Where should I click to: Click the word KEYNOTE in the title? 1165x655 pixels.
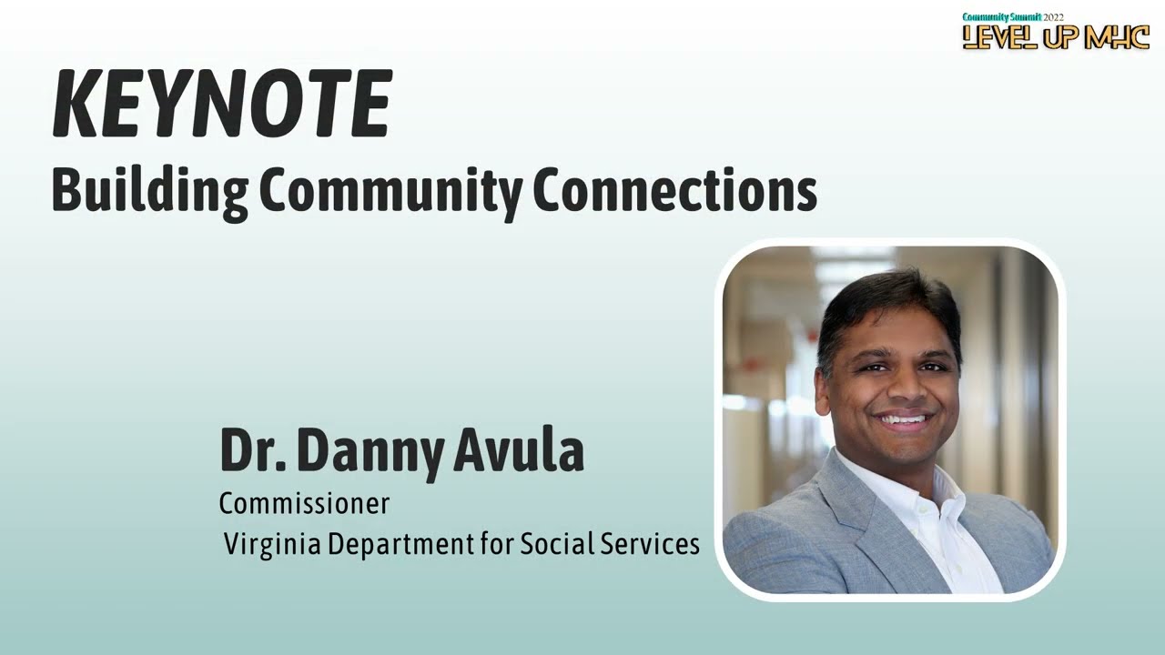coord(222,104)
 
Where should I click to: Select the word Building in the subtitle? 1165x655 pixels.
coord(149,191)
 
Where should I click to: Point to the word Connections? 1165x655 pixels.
coord(674,191)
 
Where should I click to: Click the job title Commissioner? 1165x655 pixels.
coord(304,503)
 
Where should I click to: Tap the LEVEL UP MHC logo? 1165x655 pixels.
coord(1056,36)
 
